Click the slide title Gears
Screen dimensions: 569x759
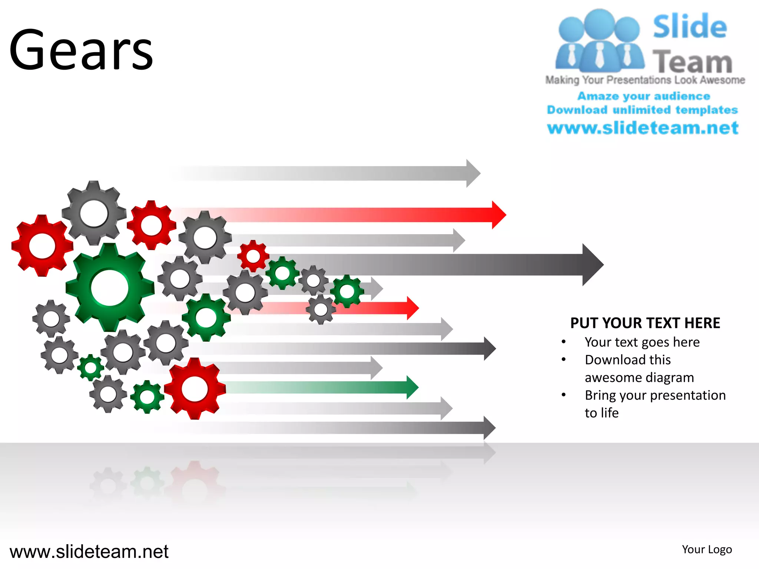pyautogui.click(x=81, y=50)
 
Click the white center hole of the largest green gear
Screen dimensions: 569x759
pyautogui.click(x=110, y=288)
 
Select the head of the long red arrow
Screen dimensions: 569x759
pyautogui.click(x=498, y=215)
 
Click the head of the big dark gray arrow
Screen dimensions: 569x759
pyautogui.click(x=592, y=264)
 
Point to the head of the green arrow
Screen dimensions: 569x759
pyautogui.click(x=412, y=387)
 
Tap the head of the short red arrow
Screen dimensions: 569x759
pyautogui.click(x=412, y=308)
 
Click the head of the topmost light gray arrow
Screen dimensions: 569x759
pyautogui.click(x=473, y=173)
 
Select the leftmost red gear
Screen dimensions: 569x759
pyautogui.click(x=42, y=246)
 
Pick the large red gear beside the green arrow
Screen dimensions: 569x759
pyautogui.click(x=195, y=389)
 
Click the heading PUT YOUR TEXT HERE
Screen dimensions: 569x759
pyautogui.click(x=645, y=323)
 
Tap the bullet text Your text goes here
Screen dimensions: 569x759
pyautogui.click(x=642, y=342)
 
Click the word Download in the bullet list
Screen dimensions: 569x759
pyautogui.click(x=609, y=360)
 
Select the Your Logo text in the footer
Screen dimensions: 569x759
pyautogui.click(x=707, y=549)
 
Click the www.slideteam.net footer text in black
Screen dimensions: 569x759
pyautogui.click(x=89, y=552)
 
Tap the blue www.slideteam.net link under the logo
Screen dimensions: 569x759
pyautogui.click(x=643, y=128)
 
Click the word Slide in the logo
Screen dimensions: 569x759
pyautogui.click(x=690, y=27)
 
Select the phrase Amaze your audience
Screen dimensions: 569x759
pyautogui.click(x=644, y=96)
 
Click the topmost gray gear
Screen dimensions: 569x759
pyautogui.click(x=94, y=213)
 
